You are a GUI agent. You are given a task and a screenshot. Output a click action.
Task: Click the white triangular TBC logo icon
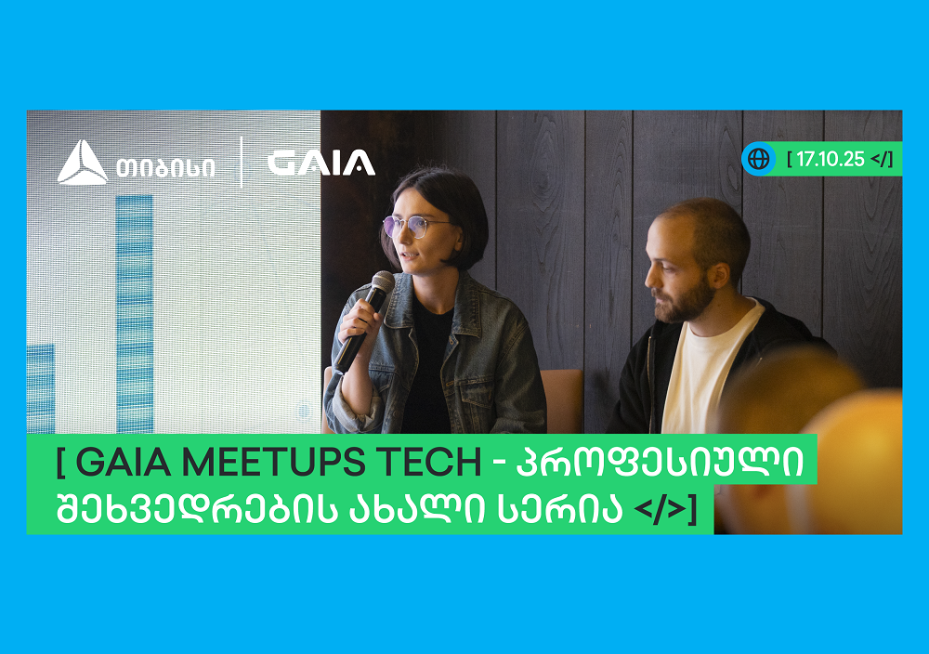click(x=83, y=163)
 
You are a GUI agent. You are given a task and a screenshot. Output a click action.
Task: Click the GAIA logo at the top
click(x=321, y=163)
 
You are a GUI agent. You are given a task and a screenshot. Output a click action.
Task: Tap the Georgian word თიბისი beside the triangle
click(x=165, y=167)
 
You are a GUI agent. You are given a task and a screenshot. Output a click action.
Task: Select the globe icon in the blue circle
click(x=758, y=159)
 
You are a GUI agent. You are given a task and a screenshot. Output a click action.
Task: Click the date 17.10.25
click(x=830, y=159)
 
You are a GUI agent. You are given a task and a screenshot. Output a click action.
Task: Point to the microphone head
click(x=382, y=282)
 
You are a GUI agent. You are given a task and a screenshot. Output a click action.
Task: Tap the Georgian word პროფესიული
click(x=660, y=461)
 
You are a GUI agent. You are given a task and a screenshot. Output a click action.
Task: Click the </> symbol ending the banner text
click(x=660, y=509)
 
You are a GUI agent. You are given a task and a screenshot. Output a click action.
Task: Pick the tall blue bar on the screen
click(x=135, y=314)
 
